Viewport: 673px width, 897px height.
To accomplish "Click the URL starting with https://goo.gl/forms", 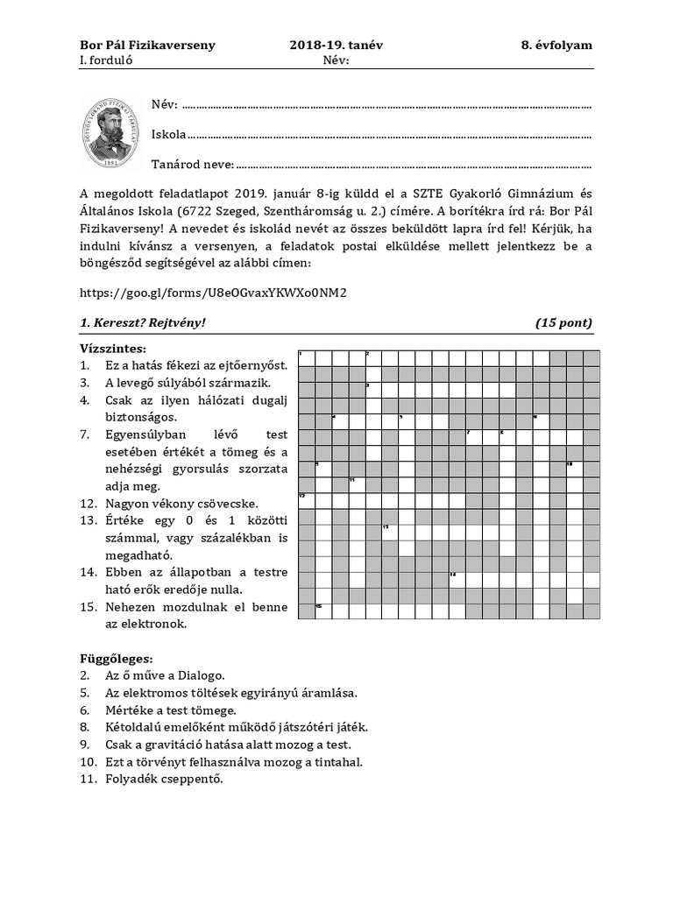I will pyautogui.click(x=214, y=293).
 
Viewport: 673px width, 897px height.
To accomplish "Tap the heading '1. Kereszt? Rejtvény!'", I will pyautogui.click(x=143, y=322).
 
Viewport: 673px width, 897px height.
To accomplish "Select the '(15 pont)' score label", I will pyautogui.click(x=563, y=322).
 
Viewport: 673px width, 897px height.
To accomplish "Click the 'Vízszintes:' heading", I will pyautogui.click(x=112, y=348).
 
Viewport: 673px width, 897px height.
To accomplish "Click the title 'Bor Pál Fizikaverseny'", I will pyautogui.click(x=147, y=45).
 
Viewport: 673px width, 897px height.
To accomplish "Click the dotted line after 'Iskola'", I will pyautogui.click(x=389, y=136).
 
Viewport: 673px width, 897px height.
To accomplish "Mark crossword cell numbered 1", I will pyautogui.click(x=307, y=358).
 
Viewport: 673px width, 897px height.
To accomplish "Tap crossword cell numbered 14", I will pyautogui.click(x=457, y=579).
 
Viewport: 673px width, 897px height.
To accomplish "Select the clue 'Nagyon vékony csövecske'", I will pyautogui.click(x=181, y=504).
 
